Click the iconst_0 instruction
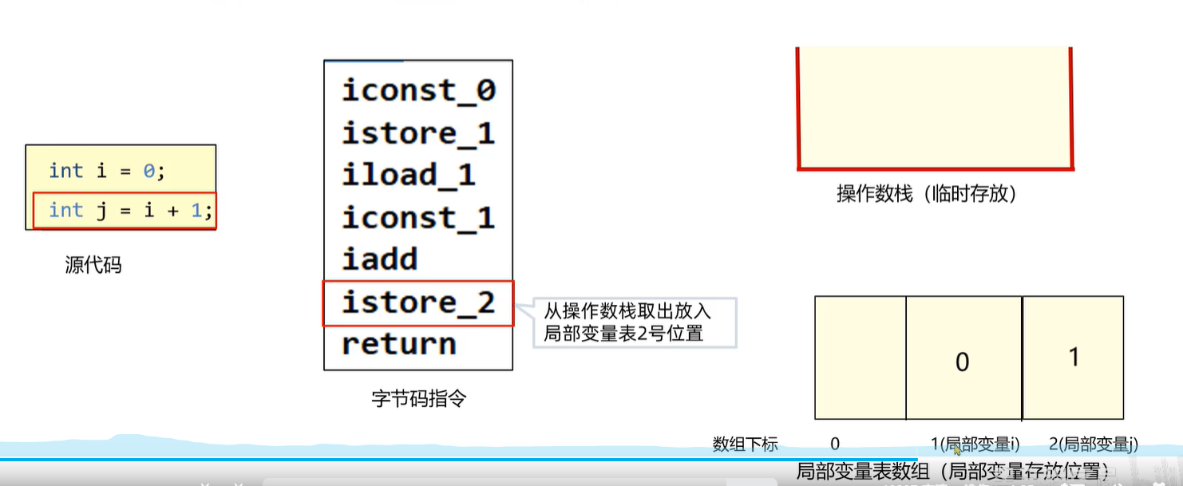click(x=418, y=90)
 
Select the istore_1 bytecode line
click(x=418, y=132)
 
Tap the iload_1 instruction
click(x=408, y=175)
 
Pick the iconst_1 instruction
click(x=418, y=217)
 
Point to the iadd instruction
click(x=380, y=259)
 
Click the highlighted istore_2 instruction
click(x=418, y=302)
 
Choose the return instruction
click(x=398, y=344)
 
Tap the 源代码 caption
click(x=93, y=265)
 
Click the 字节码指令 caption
click(x=418, y=398)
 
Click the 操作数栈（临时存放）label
click(x=926, y=194)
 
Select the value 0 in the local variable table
click(x=962, y=362)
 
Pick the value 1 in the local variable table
click(x=1074, y=357)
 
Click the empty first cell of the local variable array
click(x=860, y=358)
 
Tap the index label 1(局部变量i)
click(x=975, y=445)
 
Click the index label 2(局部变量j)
click(x=1093, y=445)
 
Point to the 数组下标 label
click(x=745, y=445)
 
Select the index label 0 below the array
click(x=835, y=445)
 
